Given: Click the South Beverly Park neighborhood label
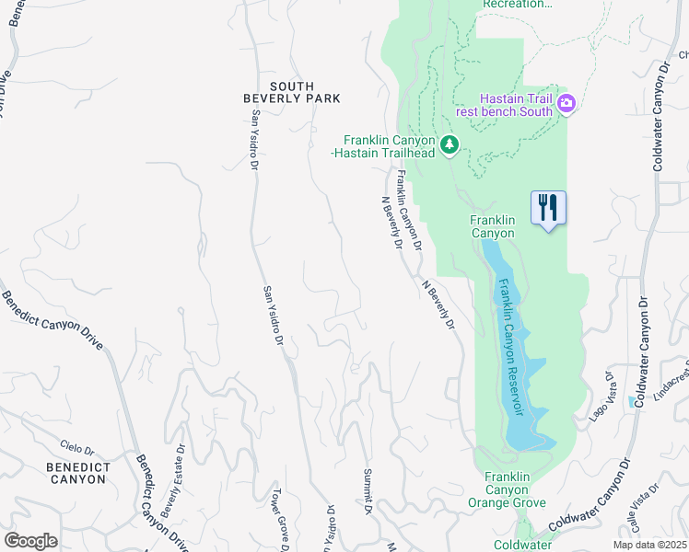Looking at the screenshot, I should [x=291, y=91].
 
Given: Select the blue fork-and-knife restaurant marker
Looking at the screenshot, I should [x=548, y=208].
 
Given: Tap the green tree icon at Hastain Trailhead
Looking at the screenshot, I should [x=450, y=144].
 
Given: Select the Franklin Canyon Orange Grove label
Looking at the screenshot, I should [x=508, y=489].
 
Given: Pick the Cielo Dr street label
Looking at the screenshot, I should [x=77, y=448].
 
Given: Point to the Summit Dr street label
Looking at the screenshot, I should [x=367, y=492].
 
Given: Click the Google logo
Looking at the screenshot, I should [x=30, y=540].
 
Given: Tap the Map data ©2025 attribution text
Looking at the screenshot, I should [x=648, y=545].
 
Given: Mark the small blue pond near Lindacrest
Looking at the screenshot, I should [x=631, y=401].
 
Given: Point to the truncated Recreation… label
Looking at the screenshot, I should [x=518, y=5].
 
